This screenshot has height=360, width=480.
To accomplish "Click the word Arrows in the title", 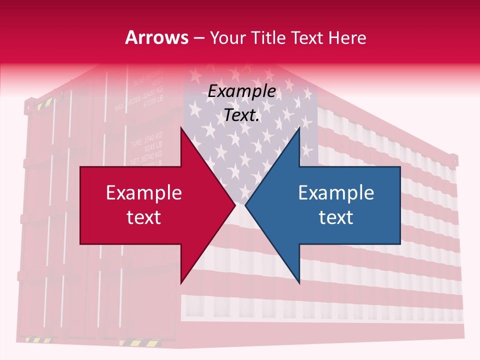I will tap(157, 38).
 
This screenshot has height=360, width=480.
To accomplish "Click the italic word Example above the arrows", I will tap(242, 91).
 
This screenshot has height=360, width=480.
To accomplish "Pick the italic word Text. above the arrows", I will tap(242, 115).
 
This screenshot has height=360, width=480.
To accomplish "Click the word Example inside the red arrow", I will tap(144, 193).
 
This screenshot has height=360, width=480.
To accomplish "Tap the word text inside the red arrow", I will tap(144, 217).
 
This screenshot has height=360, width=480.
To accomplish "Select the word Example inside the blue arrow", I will tap(336, 193).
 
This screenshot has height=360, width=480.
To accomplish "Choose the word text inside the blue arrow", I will tap(336, 217).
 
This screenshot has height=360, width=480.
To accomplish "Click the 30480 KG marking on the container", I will tap(152, 95).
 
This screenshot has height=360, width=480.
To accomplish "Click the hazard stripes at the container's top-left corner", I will tap(44, 104).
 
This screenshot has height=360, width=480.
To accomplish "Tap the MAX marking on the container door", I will tap(118, 107).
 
